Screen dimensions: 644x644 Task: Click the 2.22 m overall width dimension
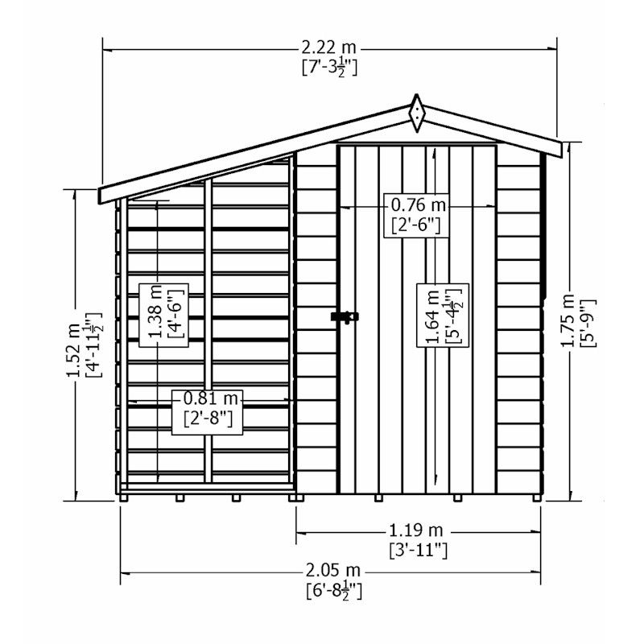coord(328,49)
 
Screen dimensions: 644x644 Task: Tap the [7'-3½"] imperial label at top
coord(328,67)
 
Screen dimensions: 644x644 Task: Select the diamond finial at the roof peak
coord(416,114)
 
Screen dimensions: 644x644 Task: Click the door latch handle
coord(343,318)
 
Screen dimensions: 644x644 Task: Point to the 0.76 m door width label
coord(415,204)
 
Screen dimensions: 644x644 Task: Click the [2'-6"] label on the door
coord(415,225)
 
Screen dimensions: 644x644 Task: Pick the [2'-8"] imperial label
coord(206,419)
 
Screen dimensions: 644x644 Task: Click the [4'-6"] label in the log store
coord(172,314)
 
